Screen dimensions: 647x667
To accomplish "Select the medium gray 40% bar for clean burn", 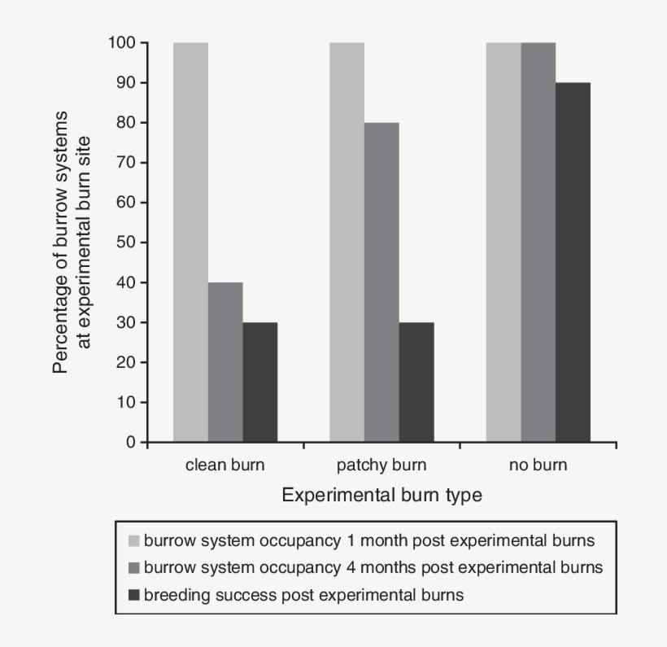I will click(x=225, y=363).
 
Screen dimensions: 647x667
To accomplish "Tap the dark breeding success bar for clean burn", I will click(x=259, y=383).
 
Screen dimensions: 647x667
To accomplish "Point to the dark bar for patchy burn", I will click(x=416, y=383).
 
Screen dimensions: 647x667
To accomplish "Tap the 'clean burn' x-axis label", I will click(x=225, y=466).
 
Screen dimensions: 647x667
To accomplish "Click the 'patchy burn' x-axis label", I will click(x=381, y=466).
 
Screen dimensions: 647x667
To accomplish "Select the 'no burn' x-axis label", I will click(x=538, y=466).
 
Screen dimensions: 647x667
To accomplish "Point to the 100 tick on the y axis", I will click(x=122, y=42).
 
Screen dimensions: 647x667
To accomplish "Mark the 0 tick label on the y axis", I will click(x=130, y=443).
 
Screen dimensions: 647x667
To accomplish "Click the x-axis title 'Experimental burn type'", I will click(x=381, y=495).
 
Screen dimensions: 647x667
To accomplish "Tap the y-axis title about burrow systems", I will click(x=70, y=243).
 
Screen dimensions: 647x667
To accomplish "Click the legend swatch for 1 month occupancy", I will click(x=134, y=540).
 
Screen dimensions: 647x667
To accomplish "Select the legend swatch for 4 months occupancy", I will click(x=134, y=567).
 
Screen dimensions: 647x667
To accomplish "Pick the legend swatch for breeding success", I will click(x=134, y=595).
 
